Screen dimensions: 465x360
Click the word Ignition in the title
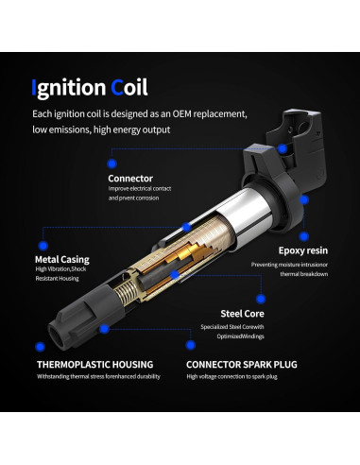[x=68, y=88]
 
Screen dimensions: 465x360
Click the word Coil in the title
[x=129, y=88]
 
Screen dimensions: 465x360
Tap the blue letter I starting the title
[x=35, y=88]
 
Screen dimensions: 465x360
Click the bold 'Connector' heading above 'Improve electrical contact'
[x=130, y=178]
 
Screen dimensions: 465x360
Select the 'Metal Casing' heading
[x=61, y=258]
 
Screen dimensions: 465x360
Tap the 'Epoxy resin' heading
[x=301, y=251]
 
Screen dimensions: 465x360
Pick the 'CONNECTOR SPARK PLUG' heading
[x=240, y=363]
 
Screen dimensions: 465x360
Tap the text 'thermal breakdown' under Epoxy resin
[x=303, y=275]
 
